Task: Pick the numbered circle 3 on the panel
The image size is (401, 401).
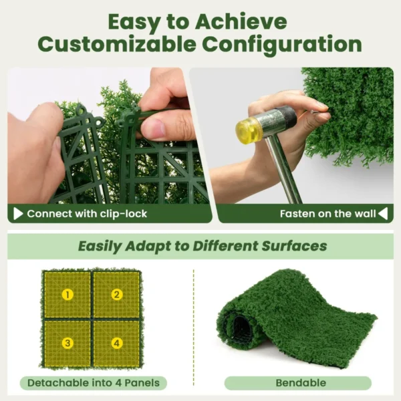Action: [x=68, y=344]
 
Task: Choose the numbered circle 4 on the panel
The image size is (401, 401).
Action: [x=117, y=344]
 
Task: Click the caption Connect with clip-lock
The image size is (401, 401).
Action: [x=87, y=214]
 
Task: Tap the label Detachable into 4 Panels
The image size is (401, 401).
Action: [x=93, y=384]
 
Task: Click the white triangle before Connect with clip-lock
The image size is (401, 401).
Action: [x=18, y=214]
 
